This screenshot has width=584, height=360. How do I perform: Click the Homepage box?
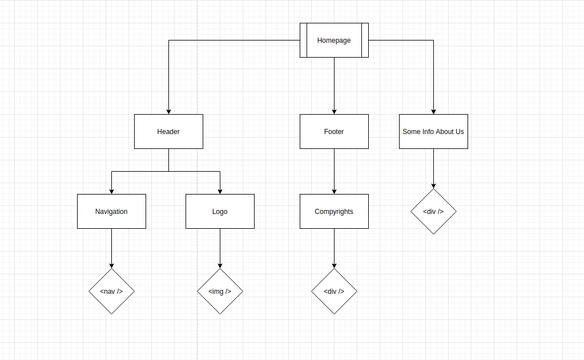point(334,40)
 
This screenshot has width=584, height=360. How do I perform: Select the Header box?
point(168,131)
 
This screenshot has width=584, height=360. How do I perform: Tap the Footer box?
point(334,131)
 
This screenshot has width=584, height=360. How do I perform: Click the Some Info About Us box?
point(433,131)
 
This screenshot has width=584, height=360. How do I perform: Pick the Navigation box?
point(111,211)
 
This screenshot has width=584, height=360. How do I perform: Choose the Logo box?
point(220,211)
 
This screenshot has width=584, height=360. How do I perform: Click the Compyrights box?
point(334,211)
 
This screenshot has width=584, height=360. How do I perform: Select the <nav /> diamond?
point(111,291)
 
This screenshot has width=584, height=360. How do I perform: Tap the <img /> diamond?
point(220,291)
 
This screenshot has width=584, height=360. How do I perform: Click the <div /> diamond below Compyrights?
point(334,291)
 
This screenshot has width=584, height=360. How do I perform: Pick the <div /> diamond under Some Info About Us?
point(433,211)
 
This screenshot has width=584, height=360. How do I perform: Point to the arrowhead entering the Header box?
point(168,111)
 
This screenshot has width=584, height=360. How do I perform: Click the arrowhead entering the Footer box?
point(334,111)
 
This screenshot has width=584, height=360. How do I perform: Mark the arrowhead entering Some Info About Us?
point(433,111)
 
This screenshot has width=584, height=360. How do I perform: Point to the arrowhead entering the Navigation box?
point(111,191)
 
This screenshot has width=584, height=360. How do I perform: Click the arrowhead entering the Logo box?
point(220,191)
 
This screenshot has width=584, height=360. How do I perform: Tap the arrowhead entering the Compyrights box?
point(334,191)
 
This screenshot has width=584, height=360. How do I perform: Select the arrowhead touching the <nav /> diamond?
point(111,265)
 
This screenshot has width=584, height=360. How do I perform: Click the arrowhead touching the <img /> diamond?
point(220,265)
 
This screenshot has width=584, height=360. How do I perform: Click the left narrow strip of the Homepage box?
point(303,40)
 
